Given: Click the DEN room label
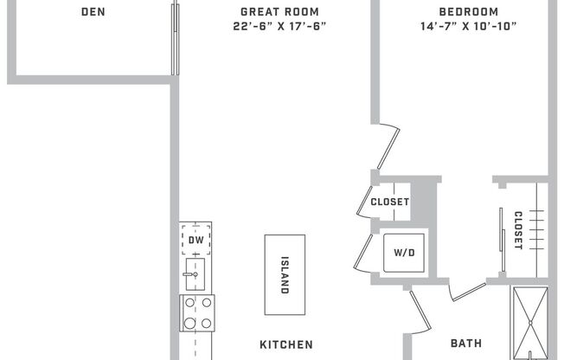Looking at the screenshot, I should point(93,12).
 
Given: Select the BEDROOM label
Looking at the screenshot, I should point(468,12).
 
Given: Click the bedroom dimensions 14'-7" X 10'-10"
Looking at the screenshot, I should point(468,26).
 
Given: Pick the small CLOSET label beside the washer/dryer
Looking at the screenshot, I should point(389,202).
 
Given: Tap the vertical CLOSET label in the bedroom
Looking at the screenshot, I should point(518,230).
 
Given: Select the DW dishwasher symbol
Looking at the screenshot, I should point(196,240).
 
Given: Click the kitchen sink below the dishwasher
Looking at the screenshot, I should point(195,274).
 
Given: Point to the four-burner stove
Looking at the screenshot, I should point(196,313).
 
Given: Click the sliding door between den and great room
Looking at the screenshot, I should point(176,39).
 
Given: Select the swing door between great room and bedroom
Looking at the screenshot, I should point(388,147).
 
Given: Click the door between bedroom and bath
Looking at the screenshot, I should point(468,291).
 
